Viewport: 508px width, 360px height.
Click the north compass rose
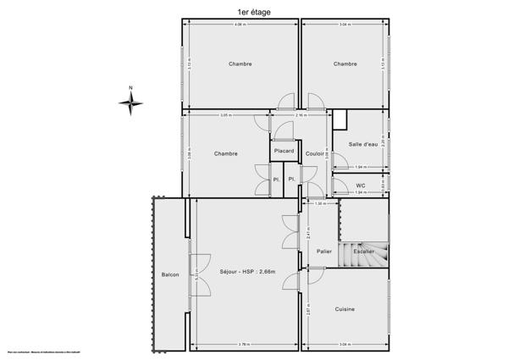click(130, 102)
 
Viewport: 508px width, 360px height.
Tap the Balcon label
click(170, 274)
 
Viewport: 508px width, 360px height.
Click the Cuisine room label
click(344, 309)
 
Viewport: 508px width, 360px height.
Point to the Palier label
click(323, 252)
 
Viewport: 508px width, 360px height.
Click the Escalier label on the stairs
click(365, 252)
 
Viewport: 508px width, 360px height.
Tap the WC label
click(360, 186)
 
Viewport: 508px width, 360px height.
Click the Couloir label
click(315, 153)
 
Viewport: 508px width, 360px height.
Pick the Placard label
click(284, 151)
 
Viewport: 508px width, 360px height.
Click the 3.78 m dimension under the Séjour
click(244, 344)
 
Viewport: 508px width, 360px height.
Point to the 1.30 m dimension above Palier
click(320, 204)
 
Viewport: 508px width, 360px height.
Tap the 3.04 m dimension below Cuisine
click(344, 344)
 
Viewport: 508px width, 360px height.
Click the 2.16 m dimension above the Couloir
click(301, 115)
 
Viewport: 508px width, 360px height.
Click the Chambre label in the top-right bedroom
click(345, 64)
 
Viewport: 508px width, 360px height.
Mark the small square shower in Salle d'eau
click(340, 119)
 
